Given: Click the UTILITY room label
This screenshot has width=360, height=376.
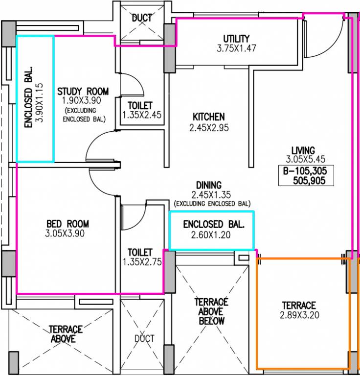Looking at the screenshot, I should coord(236,39).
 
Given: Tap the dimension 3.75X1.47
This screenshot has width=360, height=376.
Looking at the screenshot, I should coord(236,48).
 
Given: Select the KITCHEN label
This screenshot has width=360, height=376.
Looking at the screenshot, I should coord(208,117).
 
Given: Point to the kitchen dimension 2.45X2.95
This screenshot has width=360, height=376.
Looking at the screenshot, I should coord(209,128).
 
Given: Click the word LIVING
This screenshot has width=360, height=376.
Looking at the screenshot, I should coord(303,150).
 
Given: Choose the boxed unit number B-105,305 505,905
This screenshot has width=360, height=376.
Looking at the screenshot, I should coord(306,176).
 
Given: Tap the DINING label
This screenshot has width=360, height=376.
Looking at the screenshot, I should coord(209,185).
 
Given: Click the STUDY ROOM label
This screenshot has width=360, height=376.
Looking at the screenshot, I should coord(83,91).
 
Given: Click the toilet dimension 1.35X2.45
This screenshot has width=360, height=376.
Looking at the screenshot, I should coord(140,115).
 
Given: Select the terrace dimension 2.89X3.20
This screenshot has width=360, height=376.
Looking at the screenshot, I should coord(299,315).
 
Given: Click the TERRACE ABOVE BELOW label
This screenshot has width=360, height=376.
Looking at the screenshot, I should coord(212,311).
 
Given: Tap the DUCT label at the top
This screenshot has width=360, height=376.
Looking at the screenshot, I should coord(142,18).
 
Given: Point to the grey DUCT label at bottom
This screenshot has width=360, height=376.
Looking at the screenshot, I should coord(144,339).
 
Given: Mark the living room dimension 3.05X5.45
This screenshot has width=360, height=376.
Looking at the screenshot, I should coord(306,159).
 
